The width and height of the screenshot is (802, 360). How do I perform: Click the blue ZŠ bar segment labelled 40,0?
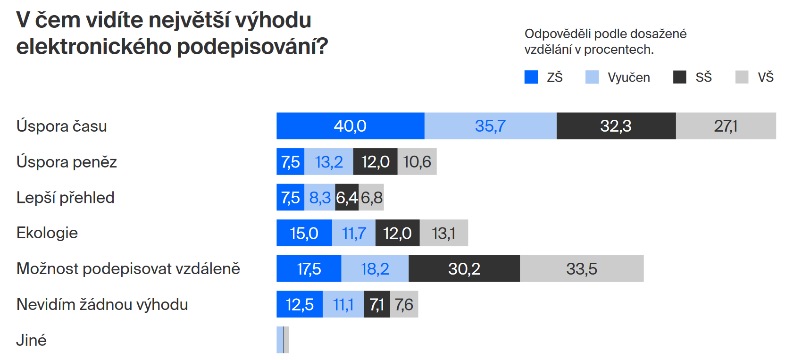(x=350, y=126)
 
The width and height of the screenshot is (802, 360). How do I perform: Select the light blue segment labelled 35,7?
(x=490, y=126)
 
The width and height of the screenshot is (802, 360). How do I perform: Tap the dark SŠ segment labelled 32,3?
(x=616, y=126)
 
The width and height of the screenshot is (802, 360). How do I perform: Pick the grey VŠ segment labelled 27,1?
(x=726, y=126)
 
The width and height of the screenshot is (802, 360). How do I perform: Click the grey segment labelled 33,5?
(x=581, y=268)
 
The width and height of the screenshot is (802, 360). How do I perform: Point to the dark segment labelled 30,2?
(x=464, y=268)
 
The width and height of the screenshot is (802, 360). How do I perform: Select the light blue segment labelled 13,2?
(x=328, y=162)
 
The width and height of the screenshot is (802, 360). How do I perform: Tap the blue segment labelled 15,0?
(x=304, y=233)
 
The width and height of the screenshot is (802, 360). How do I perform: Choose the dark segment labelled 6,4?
(x=347, y=197)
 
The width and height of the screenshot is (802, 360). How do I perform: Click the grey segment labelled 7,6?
(x=404, y=304)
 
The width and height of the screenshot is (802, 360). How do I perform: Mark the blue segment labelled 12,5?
(x=299, y=304)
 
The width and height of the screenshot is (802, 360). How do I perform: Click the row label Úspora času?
(x=62, y=126)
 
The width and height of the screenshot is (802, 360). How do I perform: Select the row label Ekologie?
(x=47, y=233)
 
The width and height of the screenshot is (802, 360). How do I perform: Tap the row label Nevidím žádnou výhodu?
(x=102, y=304)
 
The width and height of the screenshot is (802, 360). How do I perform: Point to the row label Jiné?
(x=32, y=340)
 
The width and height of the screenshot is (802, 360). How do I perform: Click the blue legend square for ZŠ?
(x=531, y=77)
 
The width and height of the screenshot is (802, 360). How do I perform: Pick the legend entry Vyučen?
(x=628, y=77)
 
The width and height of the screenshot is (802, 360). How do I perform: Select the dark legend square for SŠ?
(x=680, y=77)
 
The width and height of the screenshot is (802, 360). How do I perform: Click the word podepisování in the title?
(x=252, y=47)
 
